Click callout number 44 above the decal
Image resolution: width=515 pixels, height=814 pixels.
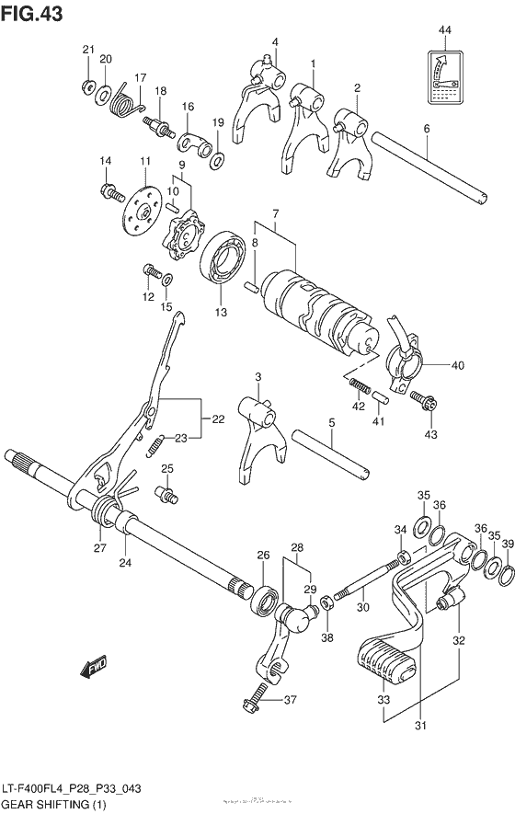445,32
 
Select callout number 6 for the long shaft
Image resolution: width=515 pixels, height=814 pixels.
427,129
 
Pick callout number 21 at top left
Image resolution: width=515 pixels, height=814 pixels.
88,50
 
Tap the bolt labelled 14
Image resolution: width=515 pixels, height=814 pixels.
109,193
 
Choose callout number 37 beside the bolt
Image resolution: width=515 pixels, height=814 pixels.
290,701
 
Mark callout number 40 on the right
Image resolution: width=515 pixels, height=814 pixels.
458,364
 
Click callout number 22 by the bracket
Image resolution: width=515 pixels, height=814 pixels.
218,419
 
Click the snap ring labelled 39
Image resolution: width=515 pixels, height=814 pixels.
505,576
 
